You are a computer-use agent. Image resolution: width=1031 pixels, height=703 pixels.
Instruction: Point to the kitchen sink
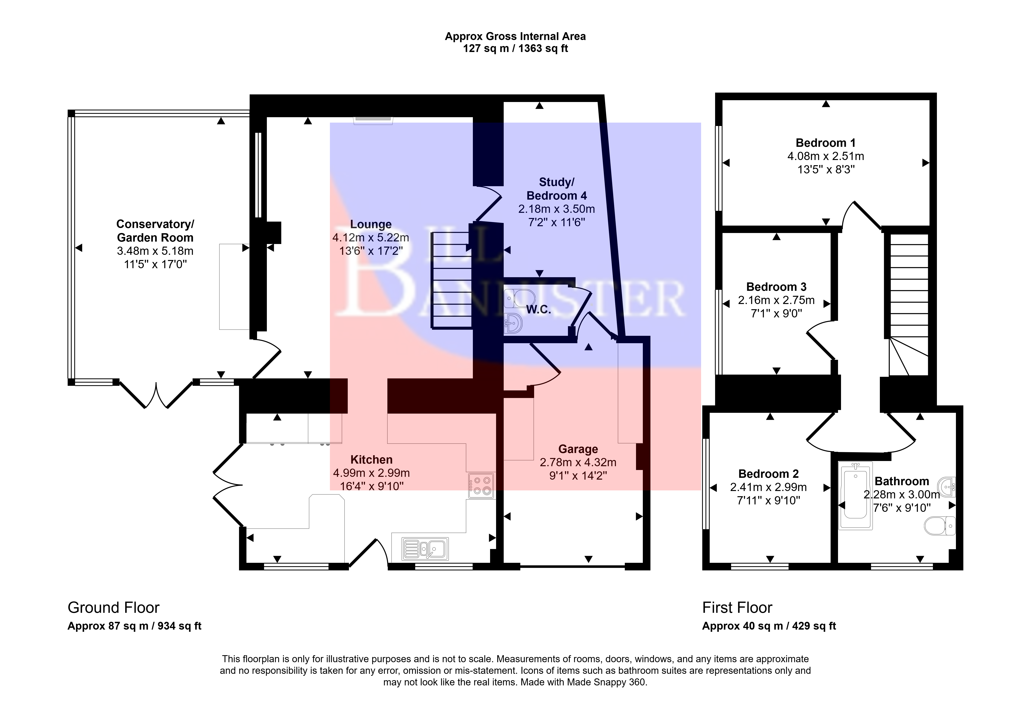425,549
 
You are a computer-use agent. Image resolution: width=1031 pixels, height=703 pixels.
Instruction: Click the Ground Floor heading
114,607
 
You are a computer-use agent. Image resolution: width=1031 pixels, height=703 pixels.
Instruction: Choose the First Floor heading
737,607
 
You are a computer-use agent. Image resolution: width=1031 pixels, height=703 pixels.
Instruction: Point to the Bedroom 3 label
776,287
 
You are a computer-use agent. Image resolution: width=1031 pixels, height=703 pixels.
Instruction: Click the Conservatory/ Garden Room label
155,230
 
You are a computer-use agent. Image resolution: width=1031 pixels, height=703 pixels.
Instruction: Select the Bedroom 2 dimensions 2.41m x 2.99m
768,487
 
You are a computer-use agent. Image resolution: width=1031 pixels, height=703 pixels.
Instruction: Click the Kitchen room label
371,460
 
